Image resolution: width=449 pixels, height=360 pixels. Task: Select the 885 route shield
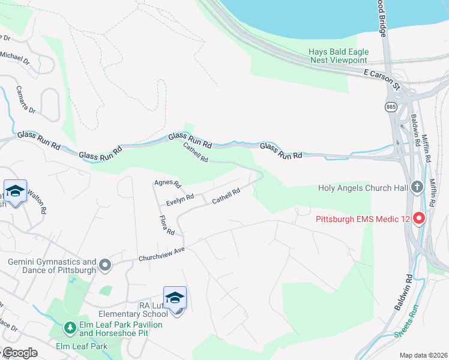[x=391, y=107]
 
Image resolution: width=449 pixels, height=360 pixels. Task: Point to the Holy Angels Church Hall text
[x=362, y=188]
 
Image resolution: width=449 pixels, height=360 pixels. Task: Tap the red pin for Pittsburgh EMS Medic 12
[x=420, y=218]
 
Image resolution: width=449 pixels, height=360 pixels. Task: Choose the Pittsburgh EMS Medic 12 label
[x=363, y=219]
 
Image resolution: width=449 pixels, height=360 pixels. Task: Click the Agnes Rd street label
[x=167, y=183]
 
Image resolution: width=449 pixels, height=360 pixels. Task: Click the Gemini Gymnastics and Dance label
[x=52, y=266]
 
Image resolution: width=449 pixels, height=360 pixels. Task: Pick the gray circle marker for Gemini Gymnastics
[x=105, y=265]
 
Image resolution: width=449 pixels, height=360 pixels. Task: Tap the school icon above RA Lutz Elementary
[x=175, y=298]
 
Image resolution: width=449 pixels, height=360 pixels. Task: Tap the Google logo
[x=20, y=353]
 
